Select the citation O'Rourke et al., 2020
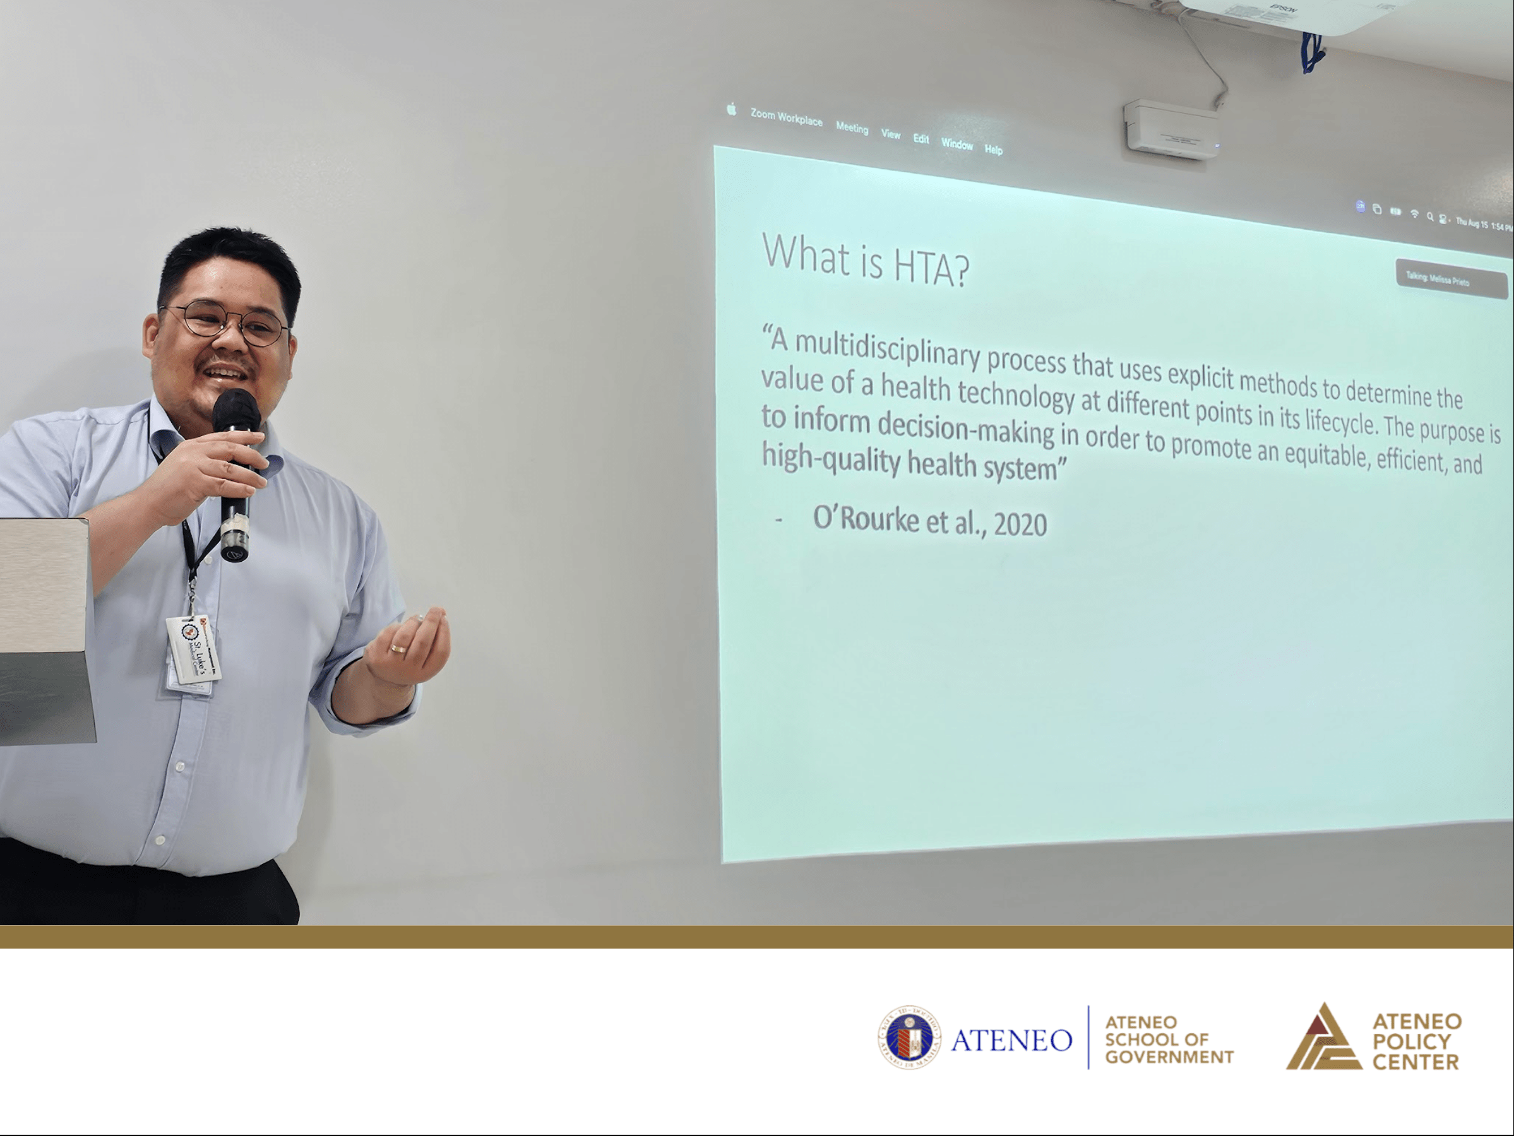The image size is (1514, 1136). click(x=929, y=521)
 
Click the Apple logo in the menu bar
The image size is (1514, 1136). click(x=731, y=109)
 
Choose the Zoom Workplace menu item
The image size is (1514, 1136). click(x=786, y=118)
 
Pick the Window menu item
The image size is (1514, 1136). click(x=956, y=144)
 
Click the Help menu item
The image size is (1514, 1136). click(x=993, y=150)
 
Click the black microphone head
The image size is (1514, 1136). click(x=235, y=410)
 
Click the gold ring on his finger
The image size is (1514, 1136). click(x=398, y=648)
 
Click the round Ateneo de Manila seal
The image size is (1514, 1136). click(x=909, y=1038)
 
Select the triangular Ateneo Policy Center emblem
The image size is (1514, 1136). click(x=1323, y=1038)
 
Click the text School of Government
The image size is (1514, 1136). click(x=1169, y=1039)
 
